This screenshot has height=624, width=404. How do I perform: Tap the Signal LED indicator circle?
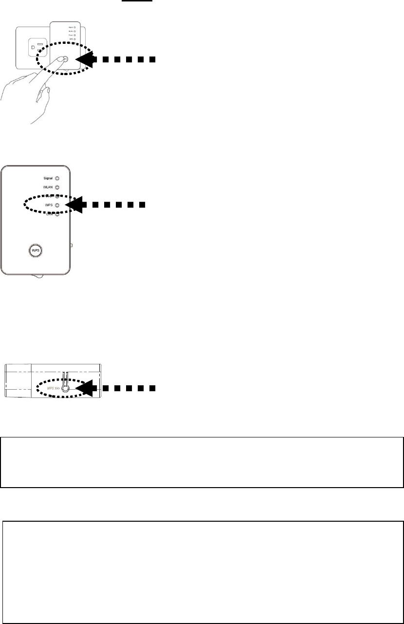click(57, 179)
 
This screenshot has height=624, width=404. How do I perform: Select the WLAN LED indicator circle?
click(57, 188)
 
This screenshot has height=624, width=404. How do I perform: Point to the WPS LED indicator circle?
click(57, 205)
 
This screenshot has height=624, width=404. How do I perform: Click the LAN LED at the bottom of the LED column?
click(57, 214)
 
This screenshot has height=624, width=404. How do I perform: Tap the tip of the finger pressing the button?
click(61, 58)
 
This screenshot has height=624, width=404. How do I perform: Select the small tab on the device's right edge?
click(72, 246)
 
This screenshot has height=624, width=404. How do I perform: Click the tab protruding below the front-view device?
click(37, 277)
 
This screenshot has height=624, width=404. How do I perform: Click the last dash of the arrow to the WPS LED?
click(142, 205)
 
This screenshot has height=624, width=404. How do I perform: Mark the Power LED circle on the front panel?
click(57, 196)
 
